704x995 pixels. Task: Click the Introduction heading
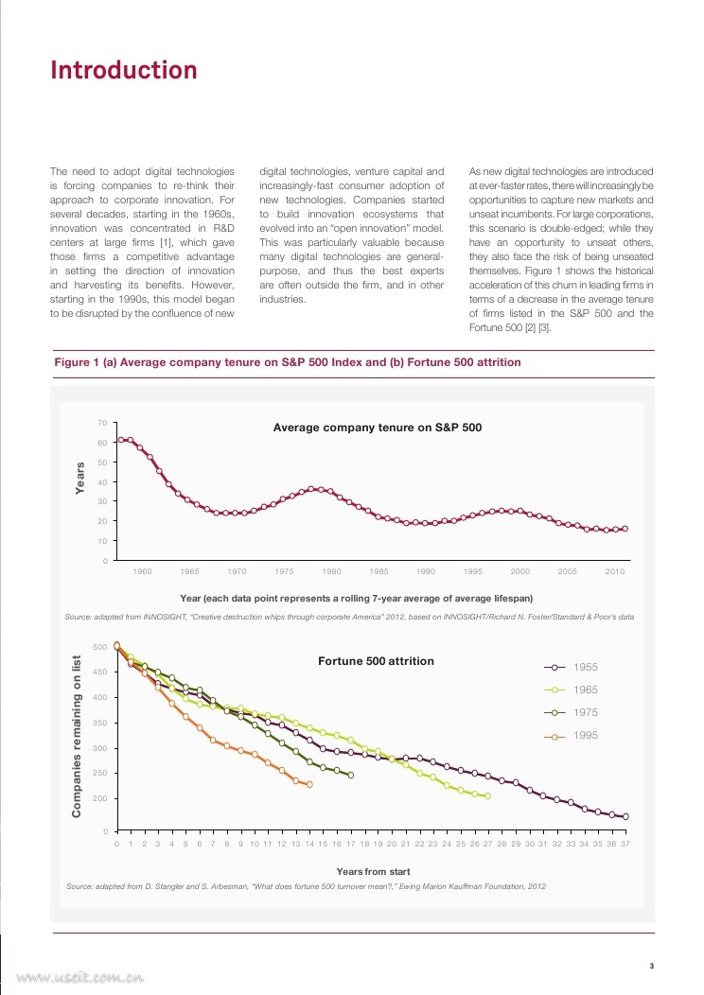click(123, 71)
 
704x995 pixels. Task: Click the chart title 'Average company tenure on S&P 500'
click(378, 428)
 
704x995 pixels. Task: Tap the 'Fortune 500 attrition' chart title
click(376, 660)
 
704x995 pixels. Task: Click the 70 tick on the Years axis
click(101, 423)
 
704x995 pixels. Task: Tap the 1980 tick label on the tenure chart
click(331, 572)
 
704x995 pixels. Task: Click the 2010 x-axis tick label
click(614, 572)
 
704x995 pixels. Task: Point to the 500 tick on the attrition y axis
click(99, 647)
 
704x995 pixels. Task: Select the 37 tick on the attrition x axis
click(625, 844)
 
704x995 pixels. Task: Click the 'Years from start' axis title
click(373, 871)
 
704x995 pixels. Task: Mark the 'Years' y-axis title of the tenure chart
click(80, 478)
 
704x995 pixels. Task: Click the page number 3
click(651, 966)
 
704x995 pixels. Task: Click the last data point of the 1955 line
click(625, 816)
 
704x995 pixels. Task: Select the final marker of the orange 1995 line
click(309, 784)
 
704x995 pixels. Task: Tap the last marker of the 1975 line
click(351, 775)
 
